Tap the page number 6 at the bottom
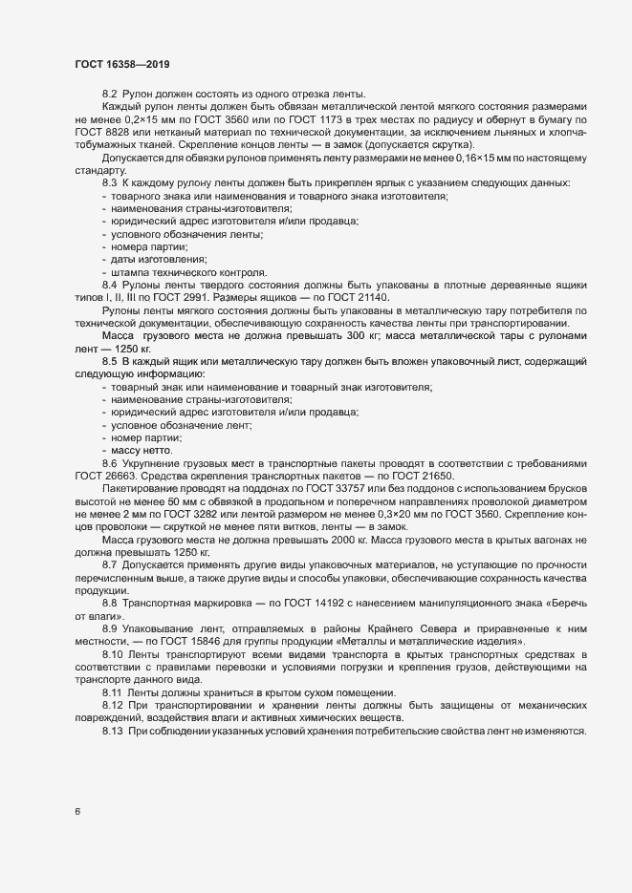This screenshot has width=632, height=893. coord(77,812)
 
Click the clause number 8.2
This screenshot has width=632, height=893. coord(109,94)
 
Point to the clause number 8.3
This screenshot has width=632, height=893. coord(109,181)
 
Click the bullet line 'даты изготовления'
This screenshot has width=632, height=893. coord(159,260)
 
